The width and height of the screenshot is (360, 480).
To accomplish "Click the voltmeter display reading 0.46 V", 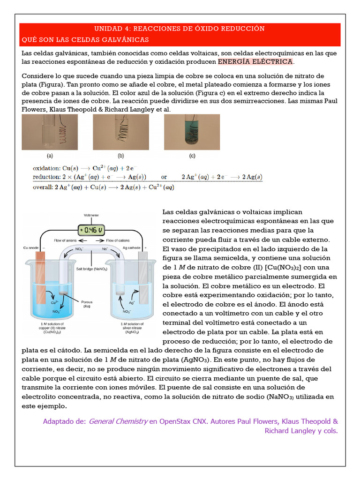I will pos(91,230).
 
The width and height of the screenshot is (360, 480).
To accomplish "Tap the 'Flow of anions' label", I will pos(65,240).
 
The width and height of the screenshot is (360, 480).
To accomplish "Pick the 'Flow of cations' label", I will pos(117,240).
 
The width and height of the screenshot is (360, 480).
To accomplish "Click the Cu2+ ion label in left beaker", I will pos(54,303).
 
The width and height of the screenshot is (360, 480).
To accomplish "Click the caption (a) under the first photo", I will pos(50,156).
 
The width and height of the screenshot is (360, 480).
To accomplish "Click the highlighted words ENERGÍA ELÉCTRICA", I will pos(256,62).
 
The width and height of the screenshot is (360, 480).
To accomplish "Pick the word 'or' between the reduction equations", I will pos(164,177).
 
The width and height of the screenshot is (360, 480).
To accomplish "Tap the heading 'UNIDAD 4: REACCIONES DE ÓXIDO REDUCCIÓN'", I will pos(180,29).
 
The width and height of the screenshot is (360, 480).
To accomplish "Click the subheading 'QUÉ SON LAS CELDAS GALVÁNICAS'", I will pos(85,40).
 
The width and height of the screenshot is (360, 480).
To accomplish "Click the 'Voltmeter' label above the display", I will pos(91,215).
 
